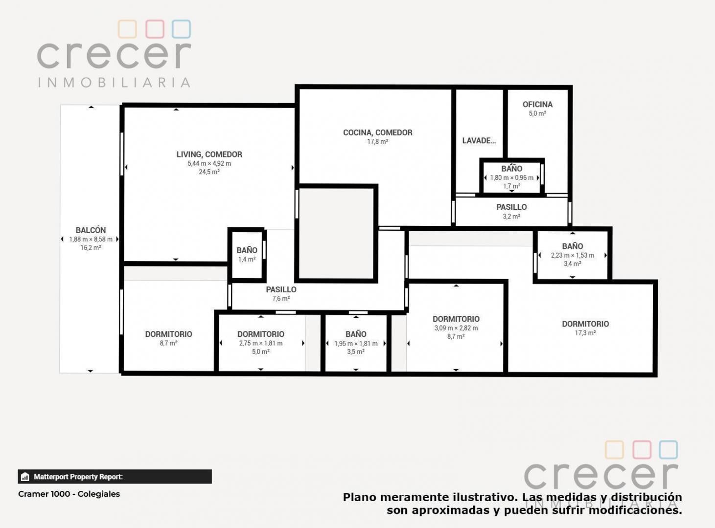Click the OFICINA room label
[x=537, y=104]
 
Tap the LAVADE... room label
[x=479, y=140]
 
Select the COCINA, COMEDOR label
[x=377, y=132]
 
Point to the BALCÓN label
[x=91, y=230]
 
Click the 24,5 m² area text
[x=209, y=172]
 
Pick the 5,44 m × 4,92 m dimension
[x=209, y=163]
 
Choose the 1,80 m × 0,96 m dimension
[x=511, y=177]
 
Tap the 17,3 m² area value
[x=585, y=333]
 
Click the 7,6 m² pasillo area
[x=281, y=299]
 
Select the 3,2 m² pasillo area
[x=511, y=216]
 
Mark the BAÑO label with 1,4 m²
[x=247, y=250]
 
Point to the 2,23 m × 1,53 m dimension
[x=573, y=255]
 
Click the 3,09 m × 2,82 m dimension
[x=456, y=328]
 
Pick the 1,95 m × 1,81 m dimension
[x=356, y=343]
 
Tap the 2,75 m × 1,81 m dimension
[x=261, y=343]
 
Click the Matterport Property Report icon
[x=25, y=477]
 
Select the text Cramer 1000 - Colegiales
[x=69, y=494]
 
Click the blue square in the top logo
[x=181, y=29]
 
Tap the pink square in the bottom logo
[x=642, y=450]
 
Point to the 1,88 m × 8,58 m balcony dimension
[x=91, y=239]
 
